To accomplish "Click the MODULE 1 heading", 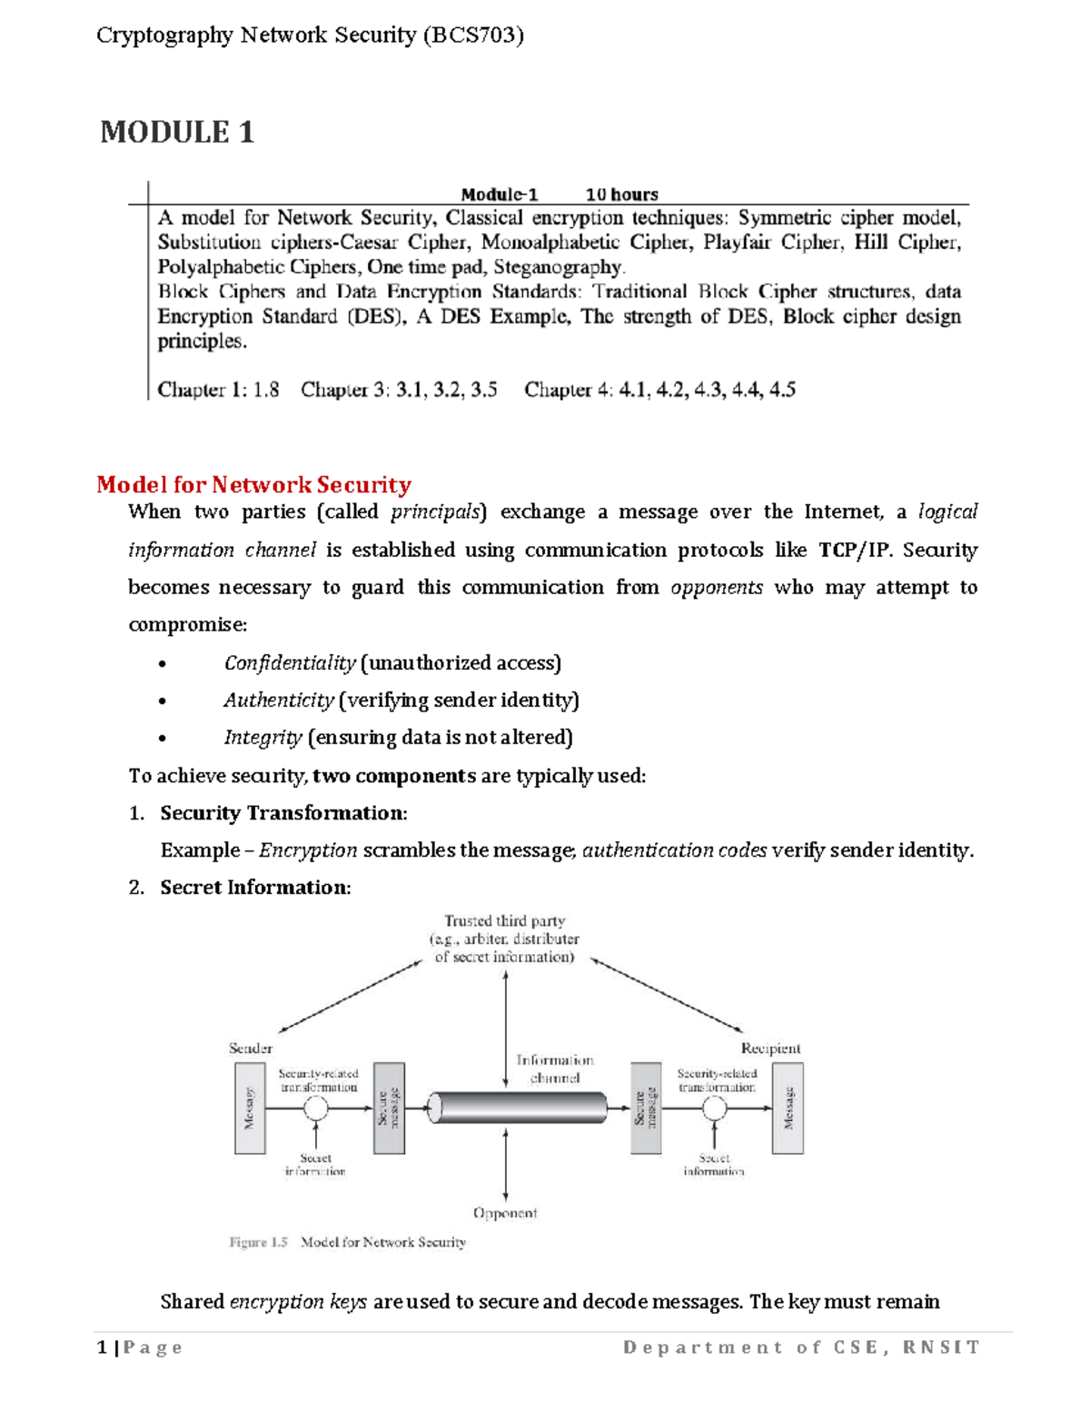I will click(177, 133).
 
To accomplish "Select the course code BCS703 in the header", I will click(472, 35).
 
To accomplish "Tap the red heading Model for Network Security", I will click(253, 484).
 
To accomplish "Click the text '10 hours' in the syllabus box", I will click(621, 194).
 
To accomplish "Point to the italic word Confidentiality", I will click(289, 663).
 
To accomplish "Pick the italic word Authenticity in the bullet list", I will click(278, 701).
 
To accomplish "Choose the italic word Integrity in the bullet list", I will click(263, 738).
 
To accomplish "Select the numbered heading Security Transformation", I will click(282, 813).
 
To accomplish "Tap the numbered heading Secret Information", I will click(254, 888).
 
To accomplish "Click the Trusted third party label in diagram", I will click(504, 921).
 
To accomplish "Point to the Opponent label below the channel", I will click(505, 1213).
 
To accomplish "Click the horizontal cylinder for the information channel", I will click(518, 1108).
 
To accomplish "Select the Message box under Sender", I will click(250, 1108).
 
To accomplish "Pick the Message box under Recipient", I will click(788, 1108).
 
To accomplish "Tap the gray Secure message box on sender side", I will click(389, 1108).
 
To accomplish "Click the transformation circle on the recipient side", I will click(715, 1108).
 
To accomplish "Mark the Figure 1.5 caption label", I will click(258, 1242).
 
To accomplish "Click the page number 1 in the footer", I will click(102, 1347).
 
